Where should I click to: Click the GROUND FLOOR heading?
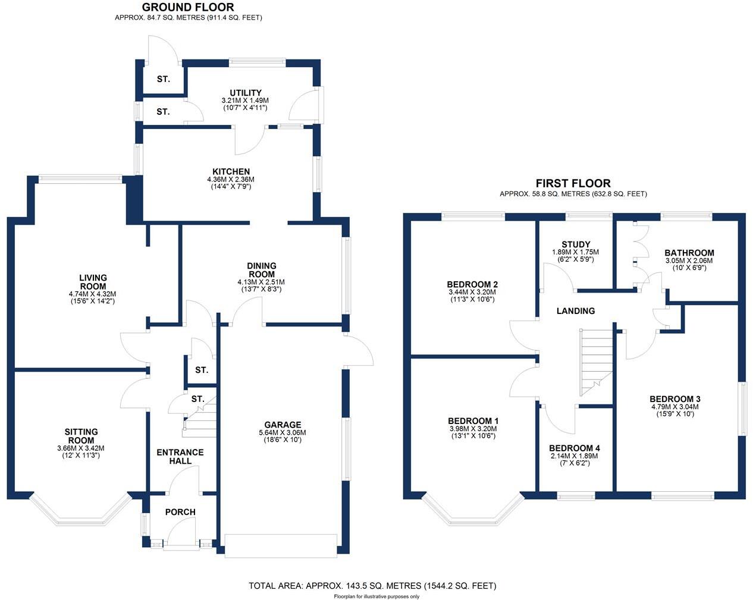[188, 8]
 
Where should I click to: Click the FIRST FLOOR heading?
[573, 183]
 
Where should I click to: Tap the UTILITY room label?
[246, 93]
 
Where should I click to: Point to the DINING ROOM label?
[262, 270]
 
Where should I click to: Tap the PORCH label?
[180, 512]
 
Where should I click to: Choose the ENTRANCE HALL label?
[180, 456]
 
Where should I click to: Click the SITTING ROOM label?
[81, 436]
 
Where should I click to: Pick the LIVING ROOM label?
[93, 282]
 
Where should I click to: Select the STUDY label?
[576, 244]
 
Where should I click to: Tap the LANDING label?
[575, 310]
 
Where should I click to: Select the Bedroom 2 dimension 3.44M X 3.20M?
[472, 292]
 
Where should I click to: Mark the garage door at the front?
[281, 545]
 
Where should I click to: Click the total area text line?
[372, 586]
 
